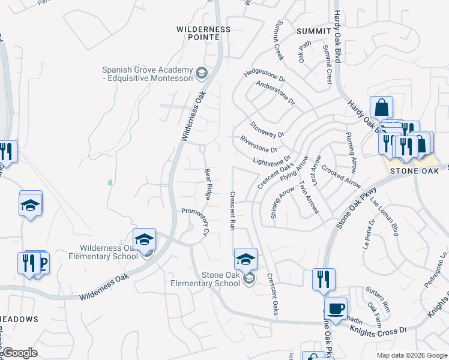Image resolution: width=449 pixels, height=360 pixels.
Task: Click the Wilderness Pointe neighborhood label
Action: click(203, 33)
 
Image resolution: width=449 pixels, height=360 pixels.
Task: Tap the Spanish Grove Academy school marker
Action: click(202, 74)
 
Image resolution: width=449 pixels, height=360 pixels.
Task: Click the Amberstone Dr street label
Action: click(276, 93)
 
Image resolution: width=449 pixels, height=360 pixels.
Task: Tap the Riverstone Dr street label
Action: click(259, 145)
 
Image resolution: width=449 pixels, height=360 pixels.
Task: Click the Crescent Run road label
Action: click(232, 210)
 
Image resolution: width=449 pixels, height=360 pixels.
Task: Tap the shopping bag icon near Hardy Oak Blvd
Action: click(381, 108)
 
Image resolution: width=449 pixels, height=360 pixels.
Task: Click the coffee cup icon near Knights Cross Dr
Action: click(336, 308)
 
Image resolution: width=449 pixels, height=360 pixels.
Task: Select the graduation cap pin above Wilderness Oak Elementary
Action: click(144, 240)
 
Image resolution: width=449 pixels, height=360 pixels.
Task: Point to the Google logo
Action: click(19, 353)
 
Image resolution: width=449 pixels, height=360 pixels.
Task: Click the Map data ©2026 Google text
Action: click(411, 355)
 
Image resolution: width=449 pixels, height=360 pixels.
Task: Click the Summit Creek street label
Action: click(279, 35)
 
